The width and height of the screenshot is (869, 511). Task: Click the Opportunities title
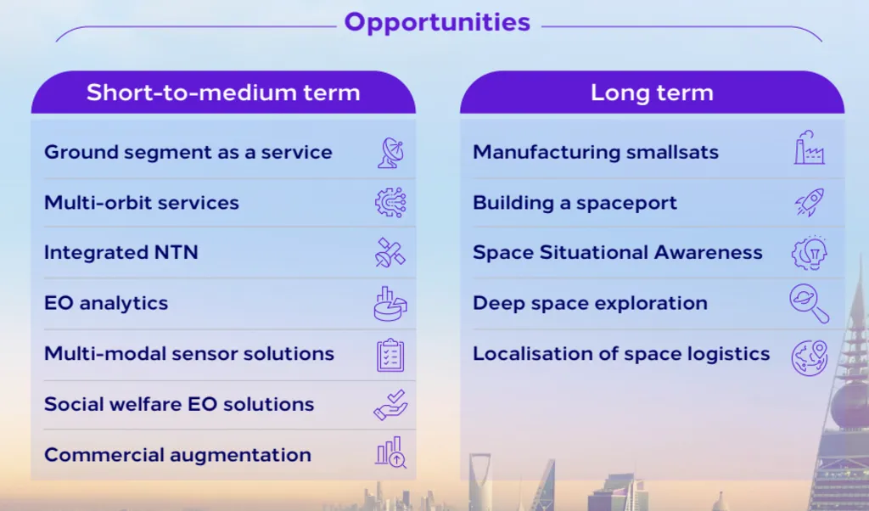(x=437, y=22)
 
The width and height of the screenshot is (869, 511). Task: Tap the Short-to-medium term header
(x=223, y=93)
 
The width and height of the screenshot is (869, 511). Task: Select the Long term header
(x=652, y=93)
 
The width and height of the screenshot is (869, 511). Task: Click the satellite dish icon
(x=390, y=153)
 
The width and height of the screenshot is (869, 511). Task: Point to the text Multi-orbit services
(x=142, y=203)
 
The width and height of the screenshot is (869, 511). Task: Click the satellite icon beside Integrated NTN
(x=390, y=253)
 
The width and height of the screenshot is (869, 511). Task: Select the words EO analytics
(x=106, y=303)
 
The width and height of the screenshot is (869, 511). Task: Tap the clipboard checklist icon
(x=390, y=355)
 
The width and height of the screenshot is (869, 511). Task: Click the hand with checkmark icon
(x=390, y=405)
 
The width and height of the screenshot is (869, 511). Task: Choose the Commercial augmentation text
(x=177, y=455)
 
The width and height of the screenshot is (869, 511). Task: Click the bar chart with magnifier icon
(x=390, y=452)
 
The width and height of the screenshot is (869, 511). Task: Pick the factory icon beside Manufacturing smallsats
(x=809, y=148)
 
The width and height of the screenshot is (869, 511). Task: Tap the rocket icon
(x=810, y=202)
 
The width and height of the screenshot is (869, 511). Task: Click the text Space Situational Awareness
(x=618, y=253)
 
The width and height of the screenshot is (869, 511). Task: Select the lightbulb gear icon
(x=809, y=253)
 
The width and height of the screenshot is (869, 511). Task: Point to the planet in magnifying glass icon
(x=809, y=303)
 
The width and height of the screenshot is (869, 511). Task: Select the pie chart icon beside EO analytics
(x=390, y=304)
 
